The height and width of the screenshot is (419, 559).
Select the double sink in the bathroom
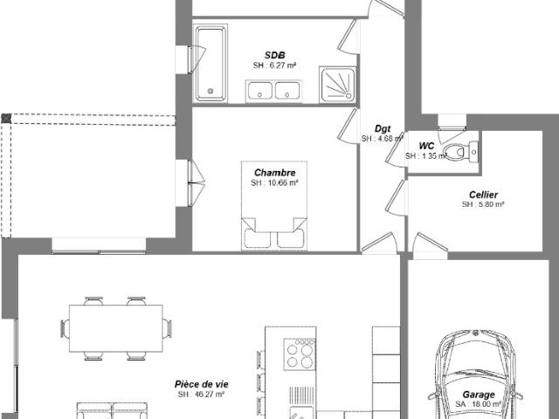pos(274,90)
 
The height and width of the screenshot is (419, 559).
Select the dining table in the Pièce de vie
pos(115,329)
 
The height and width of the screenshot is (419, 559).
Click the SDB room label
pos(275,55)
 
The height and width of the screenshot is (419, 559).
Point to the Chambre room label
pos(275,173)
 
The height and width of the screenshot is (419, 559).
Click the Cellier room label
pos(483,195)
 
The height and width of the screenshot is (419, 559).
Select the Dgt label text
pos(383,128)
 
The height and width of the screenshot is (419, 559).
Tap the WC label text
pos(426,146)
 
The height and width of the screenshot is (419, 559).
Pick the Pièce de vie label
pos(201,384)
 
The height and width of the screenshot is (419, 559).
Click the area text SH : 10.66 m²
pos(275,183)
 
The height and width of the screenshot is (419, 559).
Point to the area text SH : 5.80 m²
pos(483,204)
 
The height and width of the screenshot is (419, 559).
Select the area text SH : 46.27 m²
pos(201,395)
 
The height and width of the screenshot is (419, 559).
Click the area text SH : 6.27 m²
pos(275,65)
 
